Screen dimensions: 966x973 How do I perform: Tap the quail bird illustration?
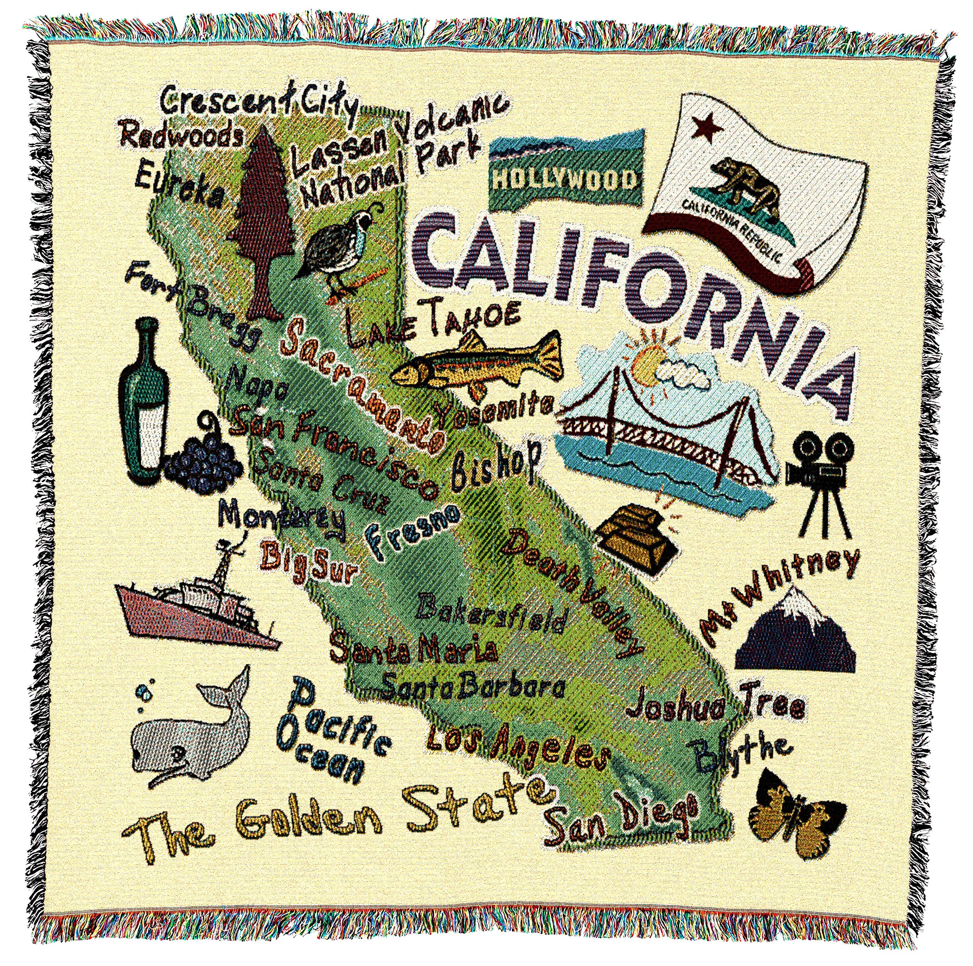(x=336, y=254)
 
